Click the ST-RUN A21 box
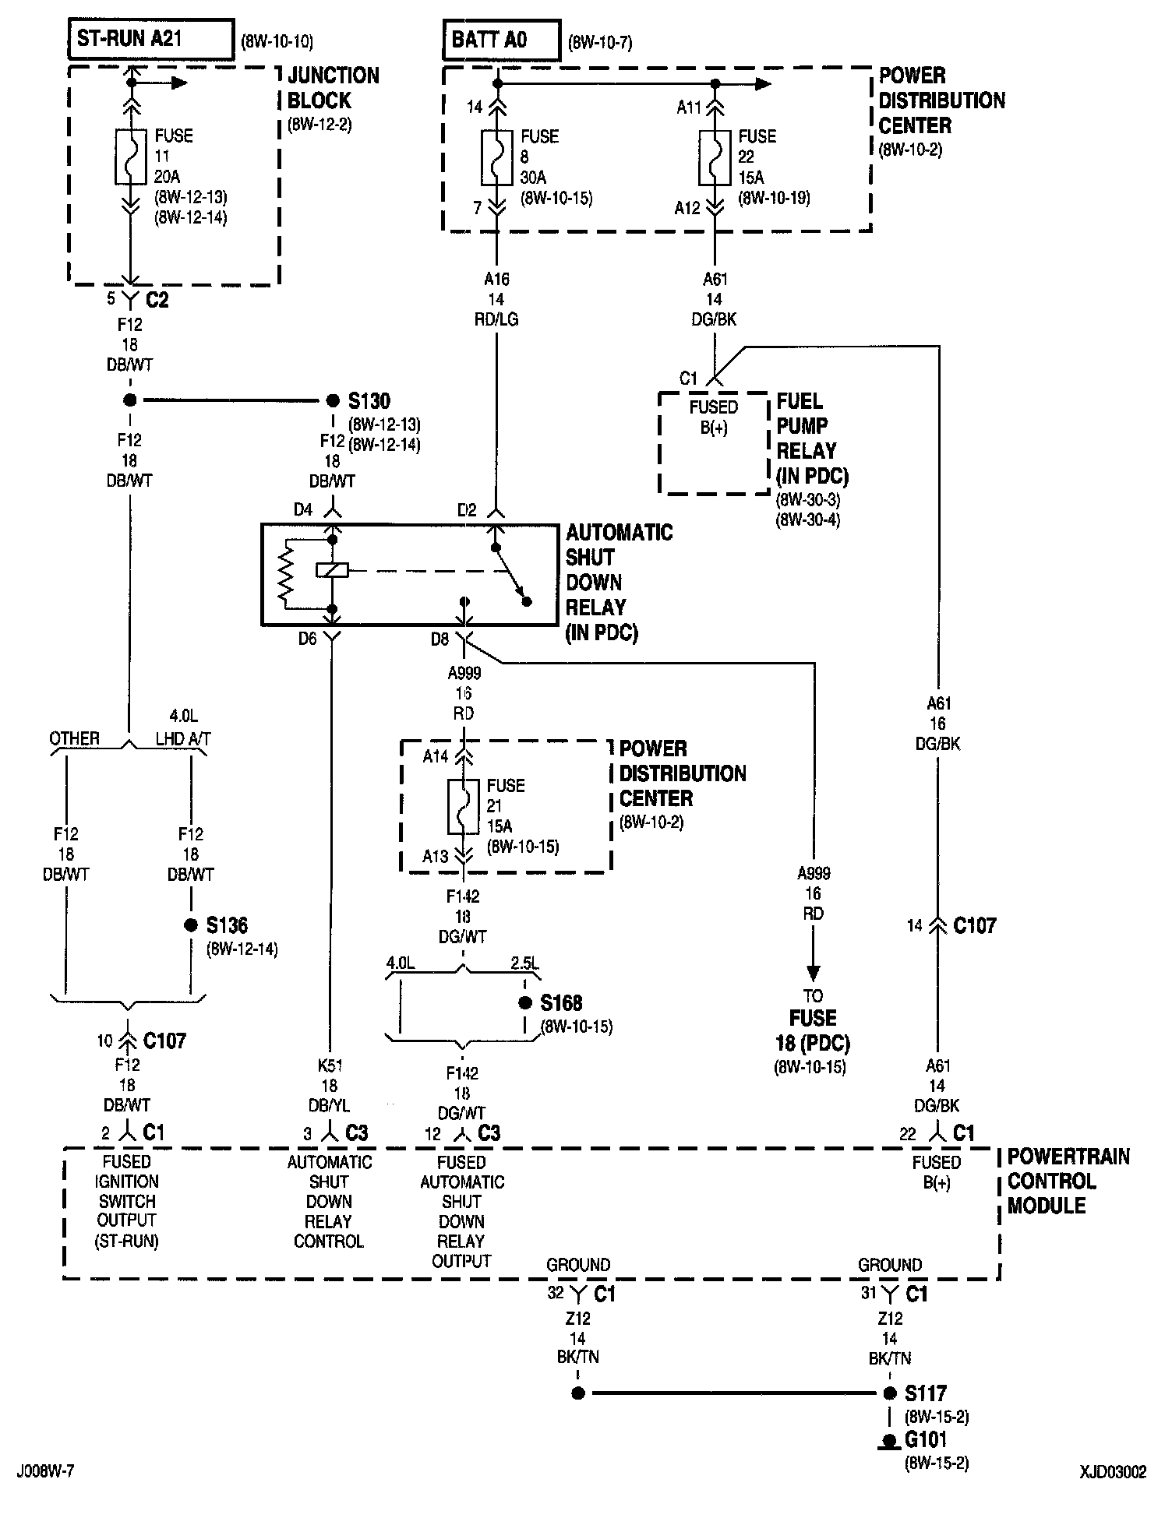pyautogui.click(x=151, y=40)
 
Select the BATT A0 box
pyautogui.click(x=502, y=41)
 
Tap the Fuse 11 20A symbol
pyautogui.click(x=130, y=157)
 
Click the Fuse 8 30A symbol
pyautogui.click(x=496, y=157)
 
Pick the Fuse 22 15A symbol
pyautogui.click(x=715, y=157)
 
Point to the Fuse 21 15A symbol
pyautogui.click(x=463, y=806)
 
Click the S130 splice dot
pyautogui.click(x=333, y=400)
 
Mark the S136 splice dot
pyautogui.click(x=191, y=925)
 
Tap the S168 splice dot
pyautogui.click(x=526, y=1002)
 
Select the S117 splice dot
pyautogui.click(x=890, y=1393)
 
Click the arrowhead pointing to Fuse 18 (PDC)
pyautogui.click(x=813, y=973)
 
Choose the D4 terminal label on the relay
pyautogui.click(x=303, y=510)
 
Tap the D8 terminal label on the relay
pyautogui.click(x=440, y=639)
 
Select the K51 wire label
pyautogui.click(x=330, y=1065)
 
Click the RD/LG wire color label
pyautogui.click(x=496, y=319)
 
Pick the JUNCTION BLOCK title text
pyautogui.click(x=333, y=88)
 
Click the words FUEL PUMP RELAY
pyautogui.click(x=806, y=425)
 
